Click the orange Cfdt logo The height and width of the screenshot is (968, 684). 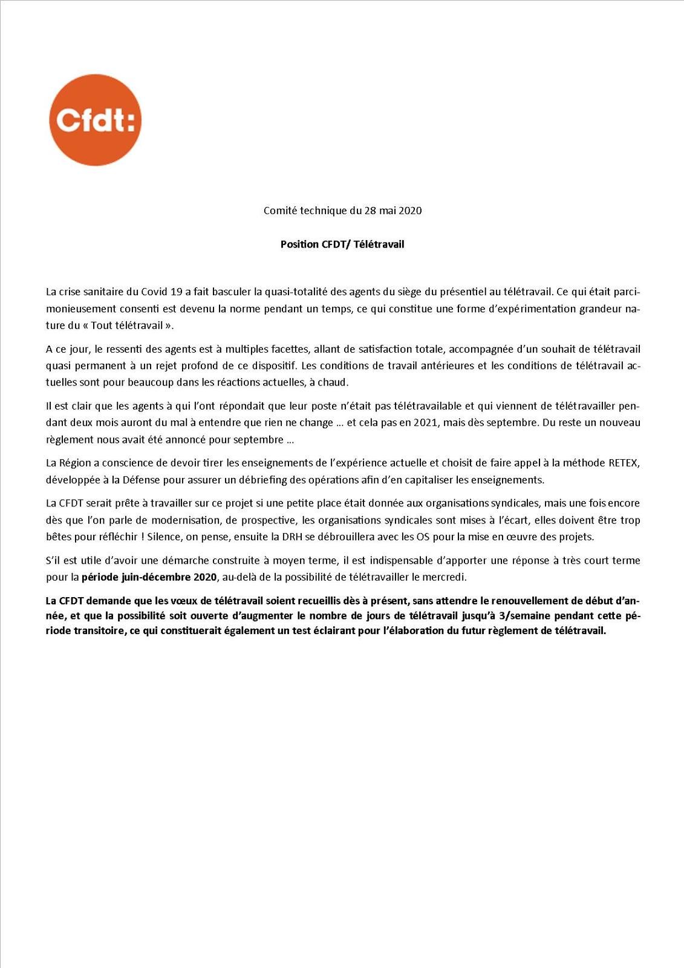pyautogui.click(x=95, y=120)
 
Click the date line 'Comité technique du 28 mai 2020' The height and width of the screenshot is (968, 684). pyautogui.click(x=342, y=211)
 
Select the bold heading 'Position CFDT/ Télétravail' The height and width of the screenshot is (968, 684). pyautogui.click(x=342, y=244)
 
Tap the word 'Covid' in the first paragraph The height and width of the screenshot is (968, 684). pyautogui.click(x=154, y=292)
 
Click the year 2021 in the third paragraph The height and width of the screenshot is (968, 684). pyautogui.click(x=426, y=422)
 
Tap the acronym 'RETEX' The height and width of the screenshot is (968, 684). pyautogui.click(x=625, y=463)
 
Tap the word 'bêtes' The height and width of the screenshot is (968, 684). pyautogui.click(x=59, y=537)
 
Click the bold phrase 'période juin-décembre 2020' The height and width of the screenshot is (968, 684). pyautogui.click(x=149, y=577)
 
